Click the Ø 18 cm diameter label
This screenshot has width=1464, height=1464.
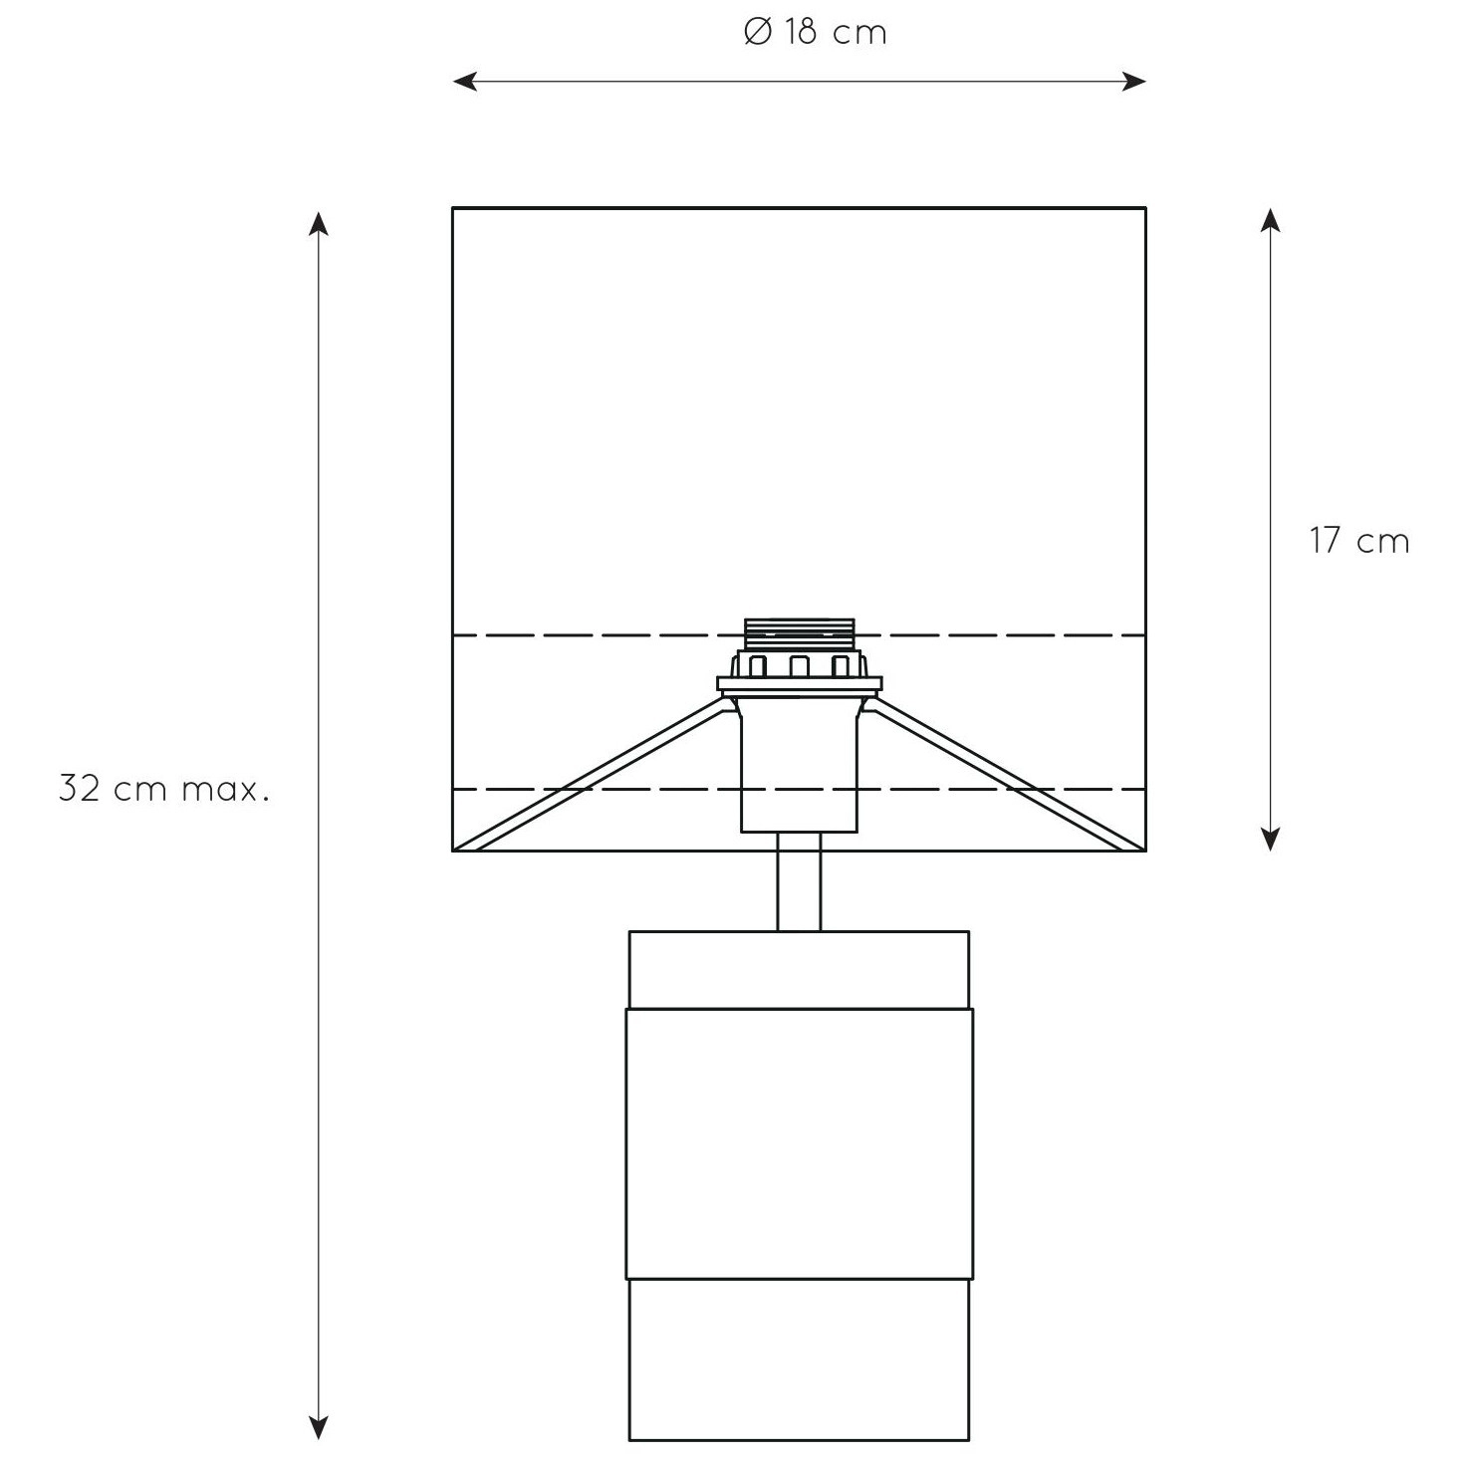point(816,33)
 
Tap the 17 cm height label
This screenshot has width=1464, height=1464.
point(1359,541)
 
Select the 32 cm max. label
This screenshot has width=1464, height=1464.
point(164,789)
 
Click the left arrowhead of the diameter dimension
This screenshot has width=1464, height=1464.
point(464,82)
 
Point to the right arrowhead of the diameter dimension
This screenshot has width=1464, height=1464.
point(1134,82)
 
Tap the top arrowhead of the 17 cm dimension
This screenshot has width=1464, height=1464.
point(1270,220)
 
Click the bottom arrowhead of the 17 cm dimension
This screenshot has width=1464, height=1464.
point(1270,839)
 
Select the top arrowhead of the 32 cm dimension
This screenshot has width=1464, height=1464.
point(319,223)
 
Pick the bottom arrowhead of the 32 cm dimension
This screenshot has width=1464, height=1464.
point(319,1427)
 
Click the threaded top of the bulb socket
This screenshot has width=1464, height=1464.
point(800,635)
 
